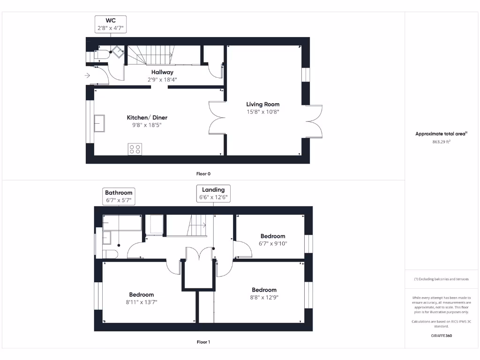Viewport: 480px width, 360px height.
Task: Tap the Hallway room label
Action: [162, 72]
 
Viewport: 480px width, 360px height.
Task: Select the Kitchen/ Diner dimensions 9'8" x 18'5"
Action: [147, 125]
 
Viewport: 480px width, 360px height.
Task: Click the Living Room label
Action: [263, 104]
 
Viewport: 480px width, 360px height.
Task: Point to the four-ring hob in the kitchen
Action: [135, 149]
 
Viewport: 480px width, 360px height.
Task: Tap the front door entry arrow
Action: [88, 75]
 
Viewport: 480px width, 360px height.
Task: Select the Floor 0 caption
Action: [203, 173]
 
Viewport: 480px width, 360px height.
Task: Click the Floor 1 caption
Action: [203, 342]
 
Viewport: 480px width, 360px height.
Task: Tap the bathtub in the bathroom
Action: [122, 223]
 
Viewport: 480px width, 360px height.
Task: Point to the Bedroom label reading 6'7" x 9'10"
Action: [273, 236]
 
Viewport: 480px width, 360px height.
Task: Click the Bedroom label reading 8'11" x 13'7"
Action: [141, 295]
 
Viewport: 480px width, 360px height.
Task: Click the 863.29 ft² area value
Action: [441, 141]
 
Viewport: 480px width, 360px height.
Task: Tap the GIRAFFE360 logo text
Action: [441, 336]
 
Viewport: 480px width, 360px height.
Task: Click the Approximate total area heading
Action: [441, 134]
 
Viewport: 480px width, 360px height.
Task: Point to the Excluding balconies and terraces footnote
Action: [441, 279]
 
